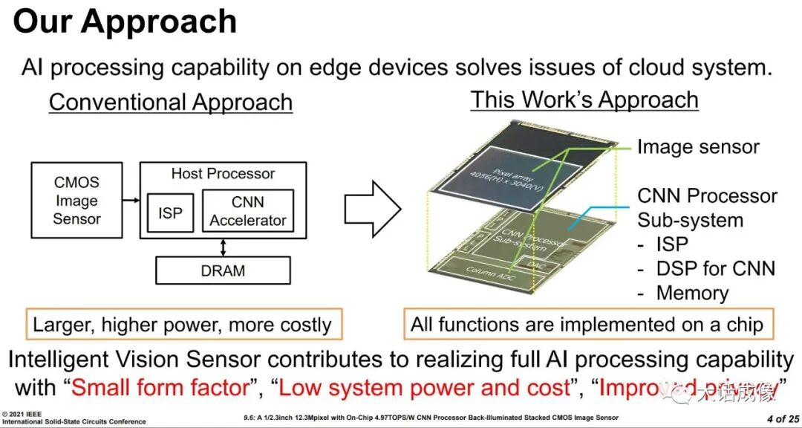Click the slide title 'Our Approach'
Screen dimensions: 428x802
125,22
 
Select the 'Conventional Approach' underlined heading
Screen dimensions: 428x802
171,102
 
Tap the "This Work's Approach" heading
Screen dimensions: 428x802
584,100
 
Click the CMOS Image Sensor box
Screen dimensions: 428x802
76,201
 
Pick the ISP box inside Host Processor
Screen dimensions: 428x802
169,213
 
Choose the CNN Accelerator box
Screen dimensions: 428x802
247,211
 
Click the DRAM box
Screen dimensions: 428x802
223,271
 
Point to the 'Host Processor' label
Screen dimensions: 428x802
223,174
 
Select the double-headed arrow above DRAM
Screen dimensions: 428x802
223,247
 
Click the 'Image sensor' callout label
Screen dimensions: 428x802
698,147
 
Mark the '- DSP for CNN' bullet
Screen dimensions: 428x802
705,268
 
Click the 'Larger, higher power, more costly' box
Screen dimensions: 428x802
182,324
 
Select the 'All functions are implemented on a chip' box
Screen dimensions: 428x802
587,324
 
